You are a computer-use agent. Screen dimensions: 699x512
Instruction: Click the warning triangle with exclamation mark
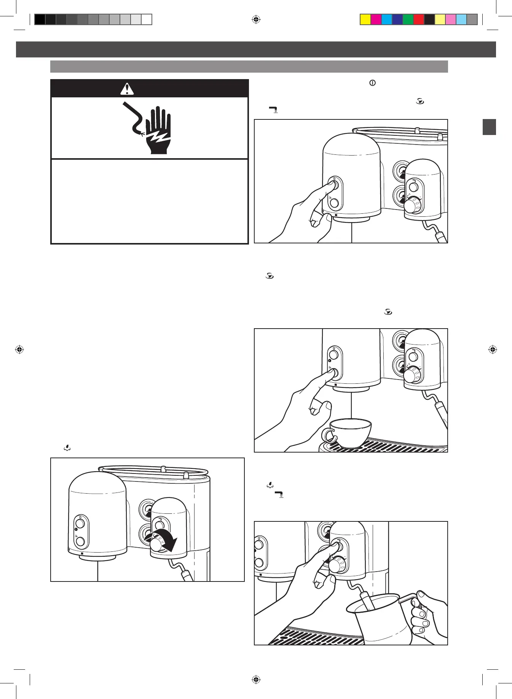click(x=127, y=89)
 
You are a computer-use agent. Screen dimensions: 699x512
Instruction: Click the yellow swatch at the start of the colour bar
click(x=365, y=19)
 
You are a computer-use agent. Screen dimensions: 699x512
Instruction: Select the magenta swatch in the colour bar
click(x=376, y=19)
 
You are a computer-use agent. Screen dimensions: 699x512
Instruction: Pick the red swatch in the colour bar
click(x=419, y=19)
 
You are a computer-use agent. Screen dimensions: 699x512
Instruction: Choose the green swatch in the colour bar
click(x=408, y=19)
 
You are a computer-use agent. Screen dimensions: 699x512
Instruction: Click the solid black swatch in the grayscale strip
click(x=40, y=19)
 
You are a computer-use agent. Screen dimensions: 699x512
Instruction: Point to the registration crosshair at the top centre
click(x=256, y=19)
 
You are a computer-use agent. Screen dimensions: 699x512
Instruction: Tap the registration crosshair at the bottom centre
click(x=256, y=679)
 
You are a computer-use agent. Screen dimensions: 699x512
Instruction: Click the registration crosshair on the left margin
click(x=19, y=349)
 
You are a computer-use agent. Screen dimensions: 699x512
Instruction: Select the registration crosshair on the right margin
click(x=493, y=349)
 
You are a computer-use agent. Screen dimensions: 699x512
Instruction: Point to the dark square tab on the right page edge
click(x=489, y=127)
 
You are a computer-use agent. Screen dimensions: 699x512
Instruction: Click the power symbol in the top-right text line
click(x=372, y=83)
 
